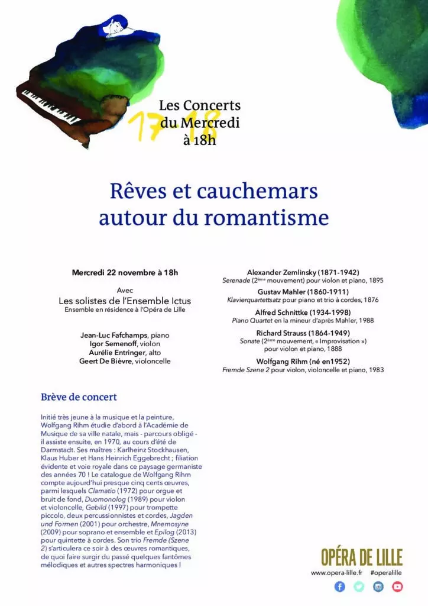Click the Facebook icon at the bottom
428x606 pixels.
339,586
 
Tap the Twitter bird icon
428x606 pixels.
359,586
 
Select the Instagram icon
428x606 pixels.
378,586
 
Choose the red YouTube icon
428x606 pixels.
397,586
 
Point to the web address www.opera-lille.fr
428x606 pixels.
336,573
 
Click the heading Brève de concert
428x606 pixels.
79,397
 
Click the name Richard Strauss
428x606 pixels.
282,333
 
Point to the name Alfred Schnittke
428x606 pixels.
282,312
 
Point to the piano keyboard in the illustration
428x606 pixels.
51,107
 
